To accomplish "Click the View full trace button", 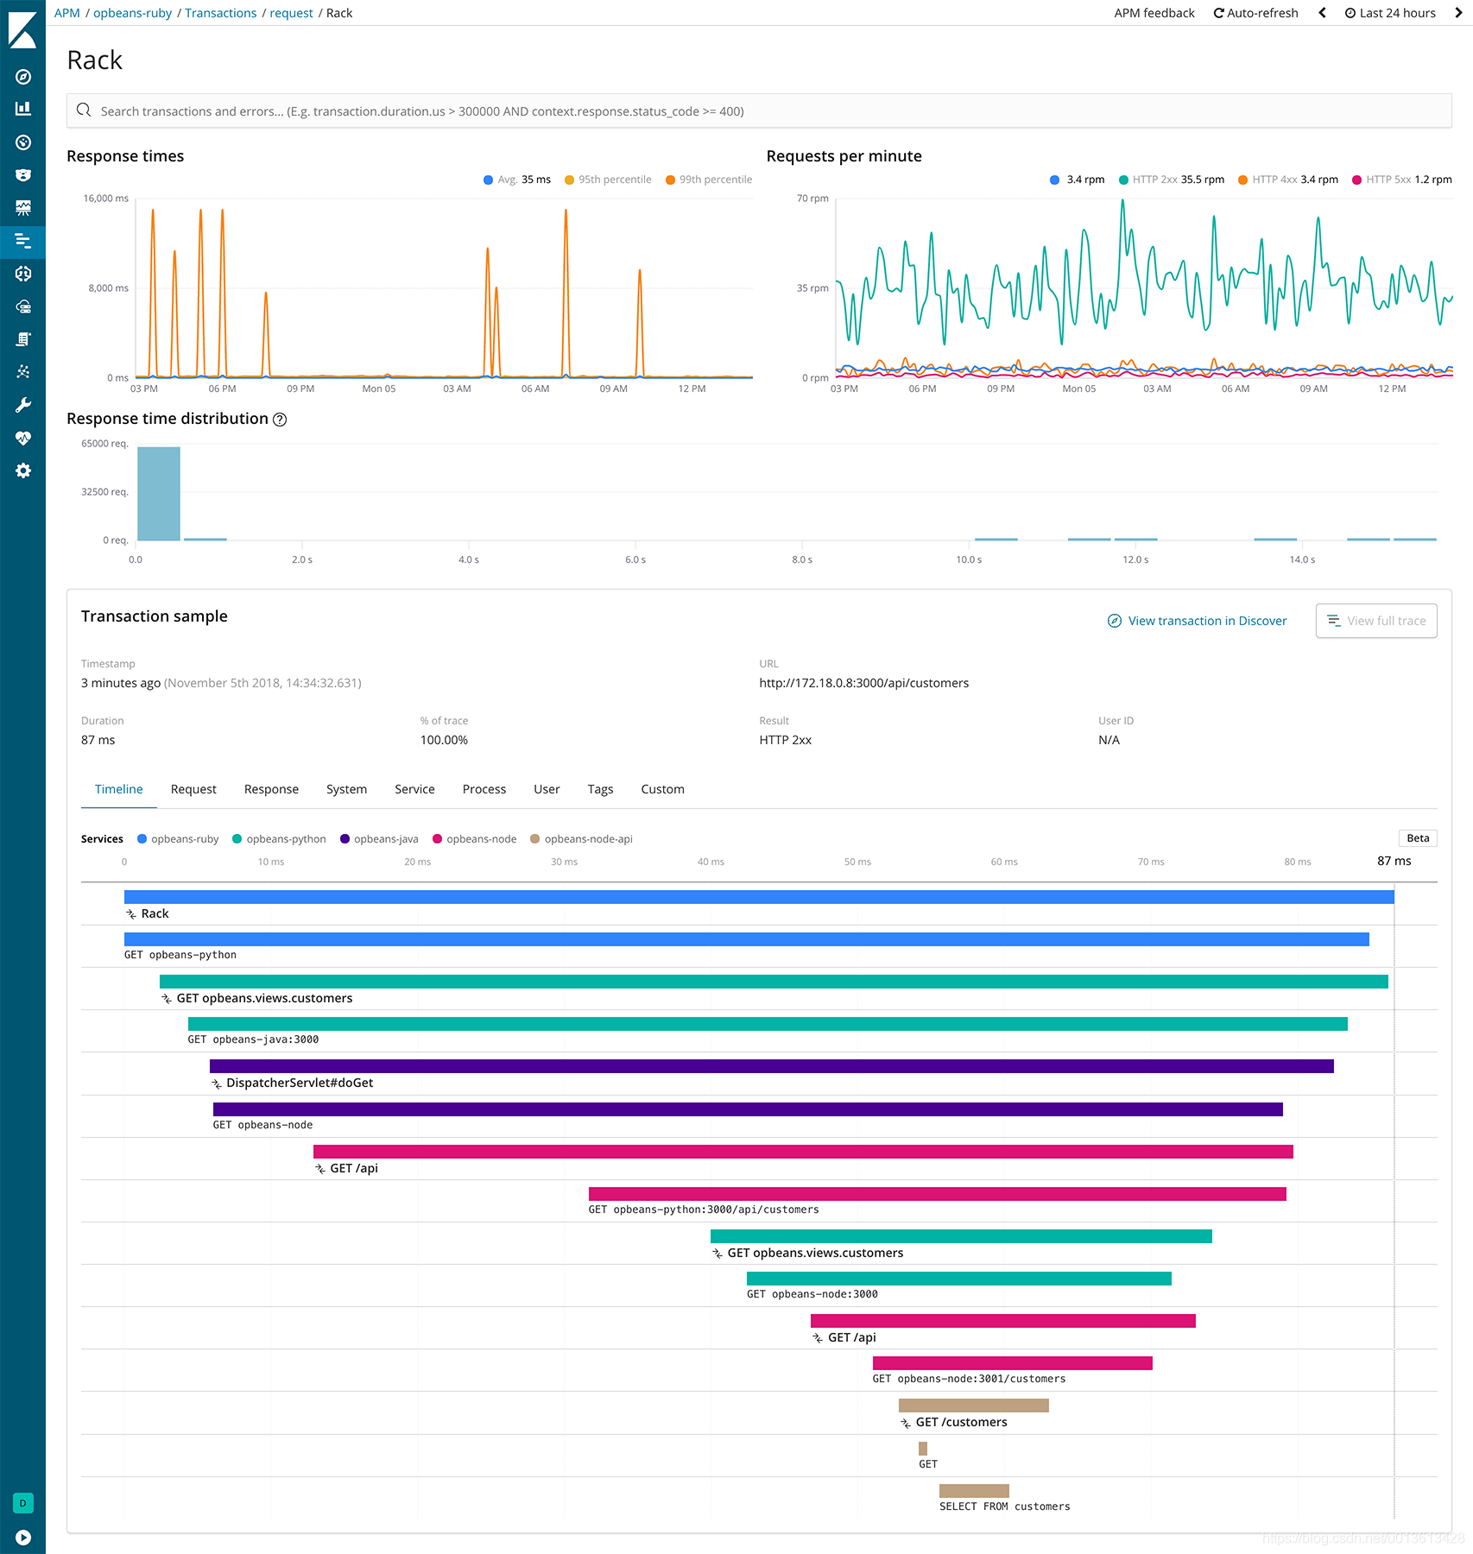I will (1375, 621).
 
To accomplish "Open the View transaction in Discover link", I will (1197, 621).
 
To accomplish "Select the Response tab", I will (271, 789).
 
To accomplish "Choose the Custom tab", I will (662, 789).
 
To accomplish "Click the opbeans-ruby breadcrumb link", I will (132, 13).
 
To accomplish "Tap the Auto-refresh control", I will (1255, 13).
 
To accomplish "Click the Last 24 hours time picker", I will (1390, 13).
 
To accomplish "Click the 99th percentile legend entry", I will (709, 180).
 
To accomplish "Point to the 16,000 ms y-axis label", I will (105, 199).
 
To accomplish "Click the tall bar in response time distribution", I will (159, 494).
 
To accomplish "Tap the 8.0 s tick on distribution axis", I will (802, 559).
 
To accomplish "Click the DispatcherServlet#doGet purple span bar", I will (771, 1066).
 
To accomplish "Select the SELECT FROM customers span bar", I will (974, 1491).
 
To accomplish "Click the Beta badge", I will (1417, 838).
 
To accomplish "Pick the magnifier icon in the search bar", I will (84, 111).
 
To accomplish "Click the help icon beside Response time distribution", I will (280, 420).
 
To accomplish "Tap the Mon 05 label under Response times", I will (378, 389).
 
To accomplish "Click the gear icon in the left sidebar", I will (23, 471).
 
